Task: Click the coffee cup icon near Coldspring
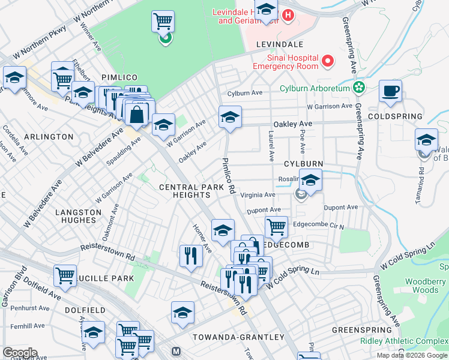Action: point(391,91)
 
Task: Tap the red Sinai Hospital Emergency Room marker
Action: point(328,61)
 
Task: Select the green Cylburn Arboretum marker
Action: point(359,88)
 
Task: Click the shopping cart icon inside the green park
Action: point(163,22)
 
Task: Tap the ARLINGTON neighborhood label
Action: point(49,137)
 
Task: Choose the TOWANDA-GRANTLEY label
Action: point(230,337)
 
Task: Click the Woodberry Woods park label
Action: point(425,286)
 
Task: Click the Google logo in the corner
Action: point(19,353)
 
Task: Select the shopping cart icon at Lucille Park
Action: point(65,275)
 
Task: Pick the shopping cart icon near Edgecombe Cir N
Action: point(276,227)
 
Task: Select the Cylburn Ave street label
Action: point(245,93)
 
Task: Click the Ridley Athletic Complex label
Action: point(403,341)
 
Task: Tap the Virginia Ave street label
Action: point(258,195)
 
